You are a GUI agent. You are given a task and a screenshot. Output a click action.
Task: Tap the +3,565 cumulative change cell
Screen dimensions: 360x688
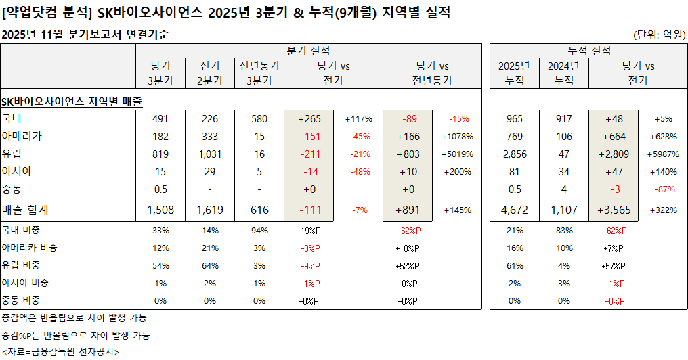point(614,210)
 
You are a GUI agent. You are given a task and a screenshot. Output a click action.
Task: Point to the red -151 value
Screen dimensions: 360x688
point(309,136)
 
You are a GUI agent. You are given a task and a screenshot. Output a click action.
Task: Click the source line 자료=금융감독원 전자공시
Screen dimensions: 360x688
point(60,352)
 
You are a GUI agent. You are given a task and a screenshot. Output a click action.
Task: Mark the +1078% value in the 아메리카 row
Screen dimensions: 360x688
point(458,136)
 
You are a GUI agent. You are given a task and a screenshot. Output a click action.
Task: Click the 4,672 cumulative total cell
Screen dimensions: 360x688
point(514,210)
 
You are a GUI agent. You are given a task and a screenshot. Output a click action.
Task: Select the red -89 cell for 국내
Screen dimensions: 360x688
point(410,118)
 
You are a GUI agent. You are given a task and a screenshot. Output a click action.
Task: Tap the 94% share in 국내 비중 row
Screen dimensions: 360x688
point(259,230)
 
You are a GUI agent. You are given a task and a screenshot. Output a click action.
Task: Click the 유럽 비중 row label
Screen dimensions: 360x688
point(24,265)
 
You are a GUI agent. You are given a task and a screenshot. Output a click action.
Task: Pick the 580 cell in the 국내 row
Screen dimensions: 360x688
point(259,118)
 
